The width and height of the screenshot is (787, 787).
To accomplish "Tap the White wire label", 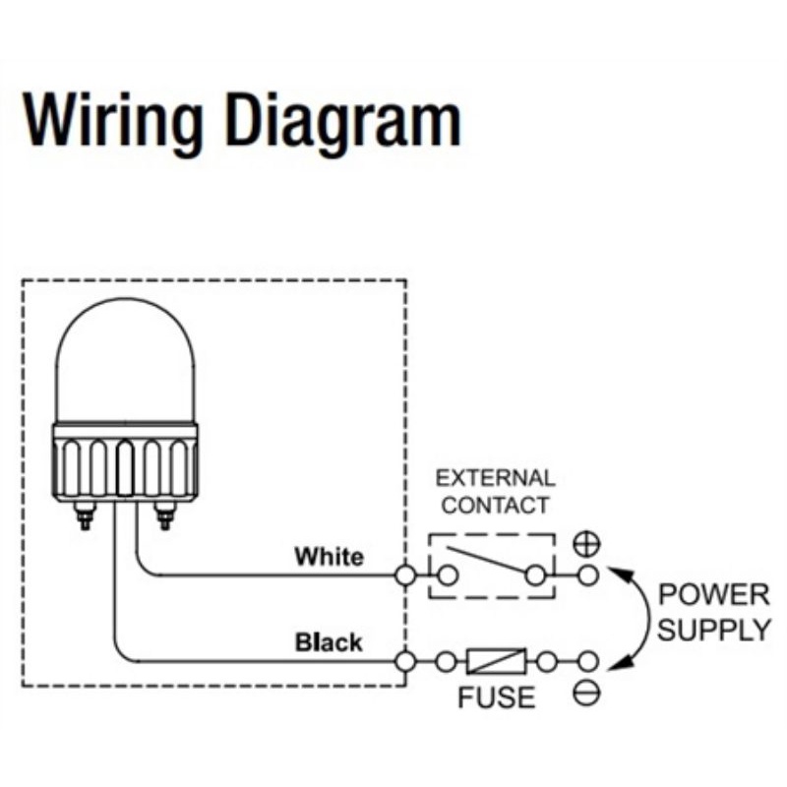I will (x=329, y=557).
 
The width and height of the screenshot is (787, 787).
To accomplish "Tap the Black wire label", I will (x=329, y=642).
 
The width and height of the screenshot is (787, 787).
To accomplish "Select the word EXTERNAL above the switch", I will (x=496, y=479).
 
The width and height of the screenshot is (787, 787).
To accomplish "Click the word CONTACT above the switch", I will (x=496, y=506).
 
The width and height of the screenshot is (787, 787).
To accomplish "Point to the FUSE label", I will (x=497, y=697).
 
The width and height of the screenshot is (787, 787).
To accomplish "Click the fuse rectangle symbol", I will (x=497, y=661).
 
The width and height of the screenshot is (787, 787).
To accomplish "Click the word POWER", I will (x=713, y=594).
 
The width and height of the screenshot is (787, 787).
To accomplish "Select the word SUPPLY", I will (x=713, y=630).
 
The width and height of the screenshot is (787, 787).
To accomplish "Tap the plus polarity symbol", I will (x=587, y=544).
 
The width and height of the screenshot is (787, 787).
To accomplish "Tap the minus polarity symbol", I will (x=587, y=695).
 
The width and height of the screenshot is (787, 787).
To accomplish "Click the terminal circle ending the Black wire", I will (x=405, y=661).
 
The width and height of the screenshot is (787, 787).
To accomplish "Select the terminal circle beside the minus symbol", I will (x=588, y=661).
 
